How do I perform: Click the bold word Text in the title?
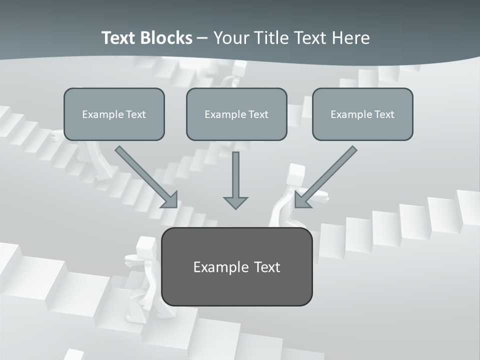[x=119, y=38]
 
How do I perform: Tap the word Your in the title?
[x=232, y=38]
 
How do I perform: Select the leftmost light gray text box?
[x=114, y=114]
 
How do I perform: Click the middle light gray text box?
[x=236, y=114]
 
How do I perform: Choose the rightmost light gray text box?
[x=362, y=114]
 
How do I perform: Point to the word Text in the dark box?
[x=266, y=267]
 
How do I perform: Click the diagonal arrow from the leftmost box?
[x=146, y=176]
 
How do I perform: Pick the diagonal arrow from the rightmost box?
[x=326, y=176]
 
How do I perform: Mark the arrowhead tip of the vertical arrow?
[x=235, y=208]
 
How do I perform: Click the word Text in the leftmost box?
[x=135, y=114]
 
